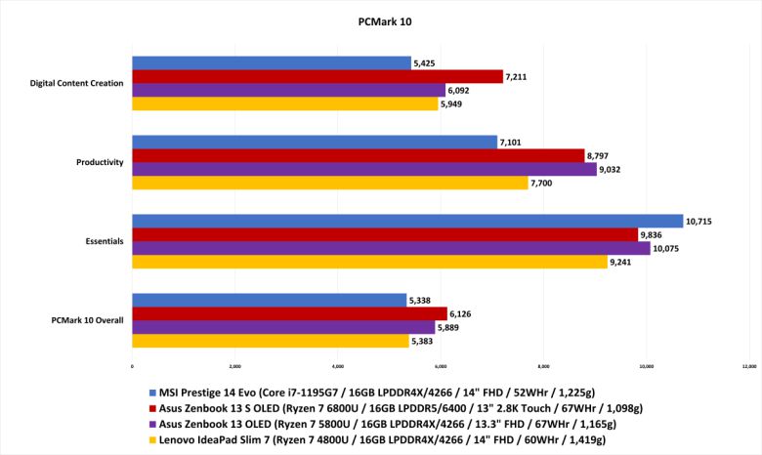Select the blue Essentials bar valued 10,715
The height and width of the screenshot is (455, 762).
tap(407, 221)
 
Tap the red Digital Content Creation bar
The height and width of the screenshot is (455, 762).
tap(317, 76)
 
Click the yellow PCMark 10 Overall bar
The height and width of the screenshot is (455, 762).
tap(270, 341)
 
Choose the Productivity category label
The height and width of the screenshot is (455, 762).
tap(100, 162)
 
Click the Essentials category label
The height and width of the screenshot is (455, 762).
tap(105, 241)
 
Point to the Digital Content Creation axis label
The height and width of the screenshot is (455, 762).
tap(77, 83)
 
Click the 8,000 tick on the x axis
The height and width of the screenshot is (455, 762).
tap(543, 367)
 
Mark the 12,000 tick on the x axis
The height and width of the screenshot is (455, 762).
tap(748, 367)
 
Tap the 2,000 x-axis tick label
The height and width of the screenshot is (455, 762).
tap(234, 367)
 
